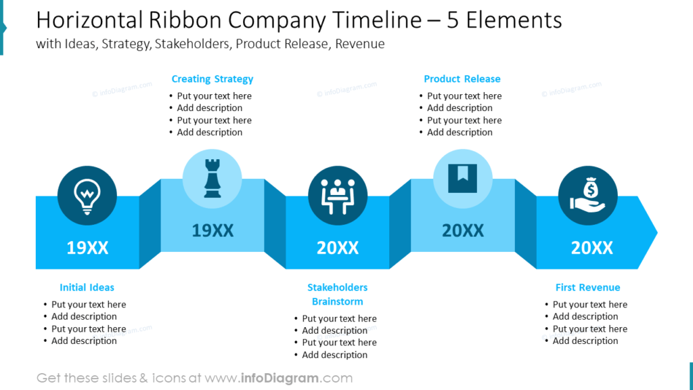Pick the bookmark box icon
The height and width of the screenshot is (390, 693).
pos(462,178)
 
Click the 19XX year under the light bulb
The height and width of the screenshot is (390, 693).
pos(87,248)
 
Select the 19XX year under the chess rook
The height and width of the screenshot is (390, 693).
pos(213,231)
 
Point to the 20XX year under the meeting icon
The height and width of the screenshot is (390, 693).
pos(338,248)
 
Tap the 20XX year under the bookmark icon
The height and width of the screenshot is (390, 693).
pos(463,231)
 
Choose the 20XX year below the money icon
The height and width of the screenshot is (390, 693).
pos(592,248)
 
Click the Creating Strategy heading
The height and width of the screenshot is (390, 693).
pos(213,79)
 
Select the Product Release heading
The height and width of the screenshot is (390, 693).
pos(462,79)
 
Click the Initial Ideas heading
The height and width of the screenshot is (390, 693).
pos(87,287)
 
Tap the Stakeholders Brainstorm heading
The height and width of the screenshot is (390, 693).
pos(338,295)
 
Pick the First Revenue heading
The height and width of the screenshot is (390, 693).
pos(587,287)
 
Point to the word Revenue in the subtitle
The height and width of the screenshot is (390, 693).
pos(360,44)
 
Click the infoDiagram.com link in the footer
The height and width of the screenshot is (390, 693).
pos(296,378)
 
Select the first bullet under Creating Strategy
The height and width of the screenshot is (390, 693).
pos(214,96)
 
